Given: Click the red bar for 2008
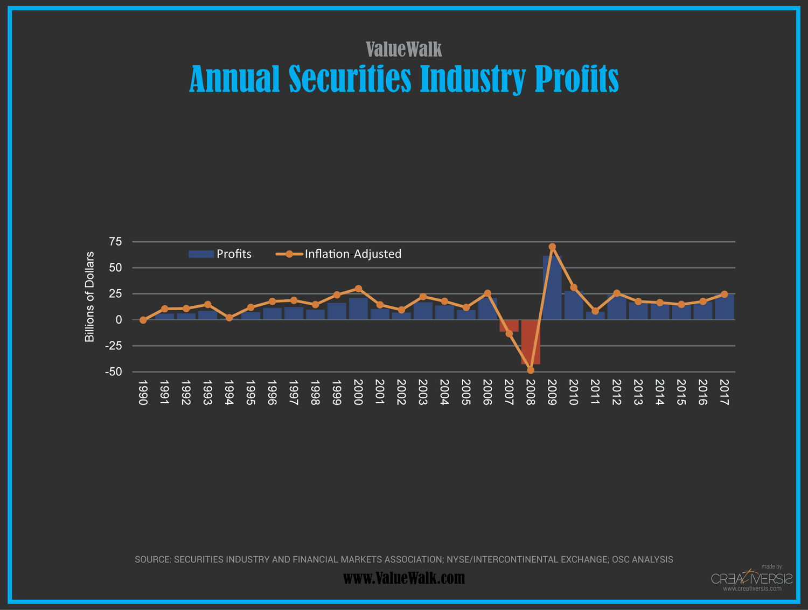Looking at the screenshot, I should pyautogui.click(x=531, y=342).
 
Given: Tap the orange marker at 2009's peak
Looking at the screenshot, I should pyautogui.click(x=552, y=247).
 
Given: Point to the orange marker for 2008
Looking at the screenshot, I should pyautogui.click(x=531, y=370).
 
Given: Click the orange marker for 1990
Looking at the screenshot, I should pyautogui.click(x=143, y=320).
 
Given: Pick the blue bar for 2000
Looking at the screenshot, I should pyautogui.click(x=358, y=309).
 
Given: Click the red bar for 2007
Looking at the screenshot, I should pyautogui.click(x=509, y=326).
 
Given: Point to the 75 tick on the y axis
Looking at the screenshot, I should pyautogui.click(x=116, y=242).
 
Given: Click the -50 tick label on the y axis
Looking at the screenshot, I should pyautogui.click(x=114, y=372).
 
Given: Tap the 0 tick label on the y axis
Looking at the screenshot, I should pyautogui.click(x=119, y=320).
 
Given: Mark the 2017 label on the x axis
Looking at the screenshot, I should pyautogui.click(x=725, y=392).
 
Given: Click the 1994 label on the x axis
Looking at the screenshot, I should pyautogui.click(x=229, y=392).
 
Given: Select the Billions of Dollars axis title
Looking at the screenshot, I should pyautogui.click(x=89, y=297).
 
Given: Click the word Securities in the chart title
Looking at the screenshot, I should pyautogui.click(x=350, y=79).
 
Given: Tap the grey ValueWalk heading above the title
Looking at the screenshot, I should pyautogui.click(x=404, y=50).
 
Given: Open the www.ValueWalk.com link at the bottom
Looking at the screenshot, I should pyautogui.click(x=404, y=579).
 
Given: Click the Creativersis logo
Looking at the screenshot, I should pyautogui.click(x=751, y=579).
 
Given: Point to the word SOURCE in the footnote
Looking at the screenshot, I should pyautogui.click(x=152, y=560).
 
